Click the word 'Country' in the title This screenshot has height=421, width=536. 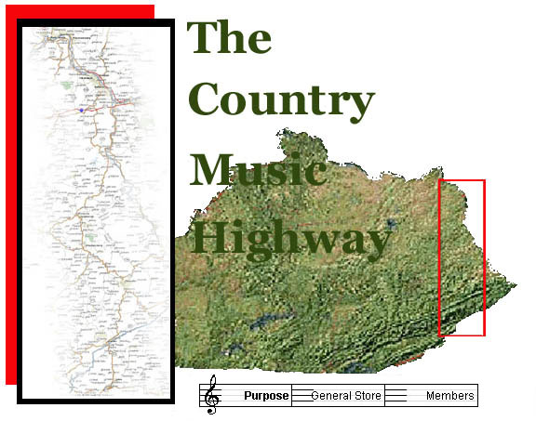pos(281,100)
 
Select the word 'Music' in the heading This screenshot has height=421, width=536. pos(258,171)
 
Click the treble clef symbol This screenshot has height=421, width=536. pos(213,395)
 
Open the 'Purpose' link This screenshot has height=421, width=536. pos(266,396)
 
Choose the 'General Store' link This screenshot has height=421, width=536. pos(345,396)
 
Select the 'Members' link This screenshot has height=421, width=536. pos(450,396)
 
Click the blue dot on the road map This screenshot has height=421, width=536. pos(82,110)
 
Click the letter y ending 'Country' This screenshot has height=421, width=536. pos(360,106)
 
